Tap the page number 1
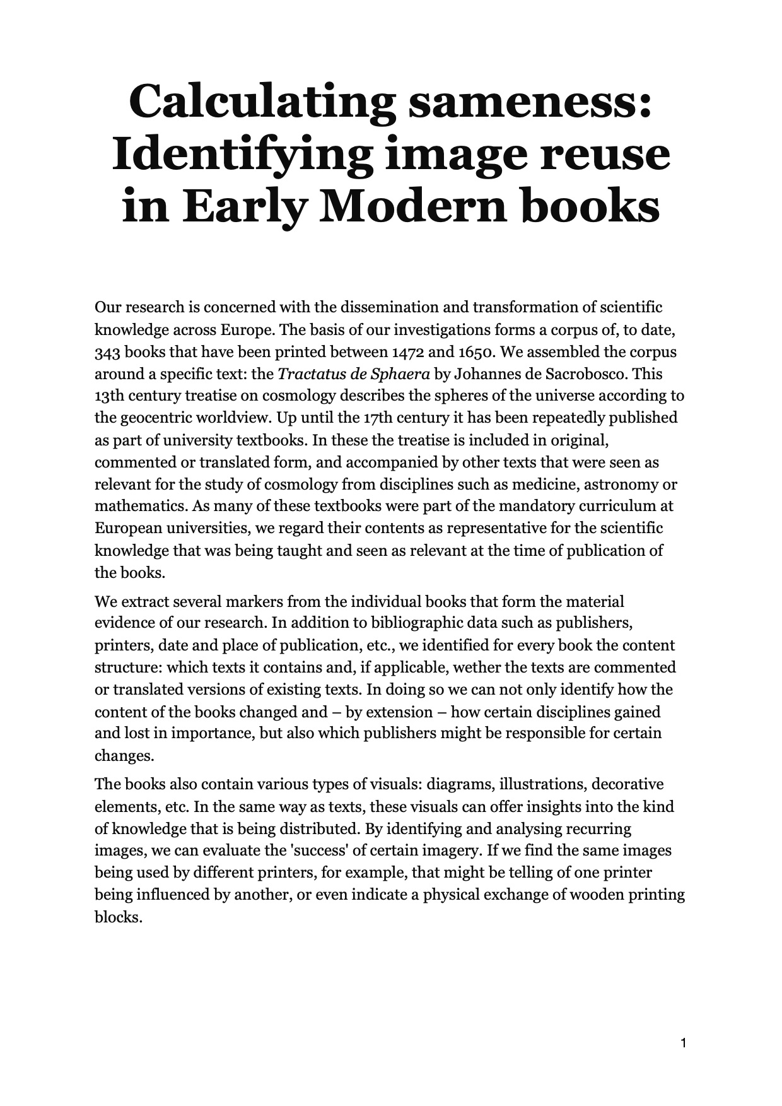(x=684, y=1042)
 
